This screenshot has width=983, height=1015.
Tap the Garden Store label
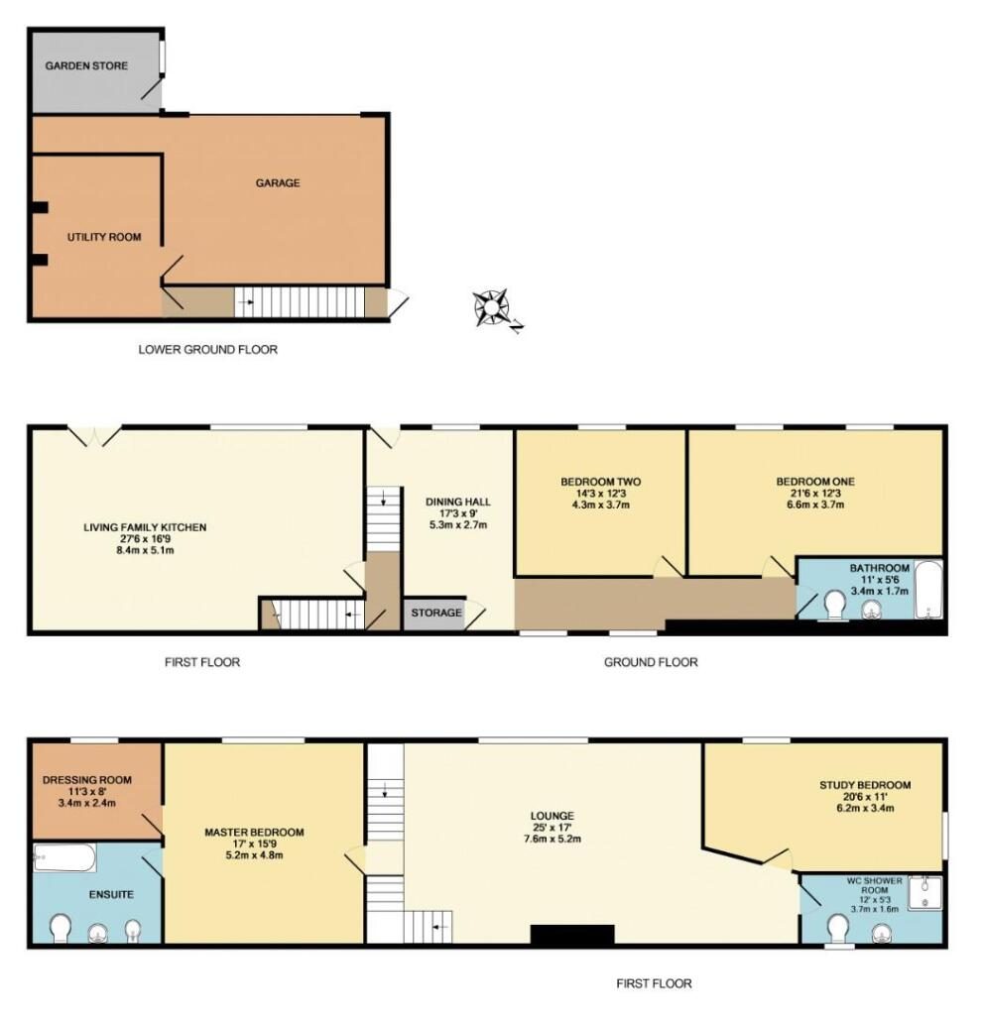tap(86, 65)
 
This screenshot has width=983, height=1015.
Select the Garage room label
tap(278, 183)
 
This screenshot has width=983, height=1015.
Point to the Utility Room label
tap(104, 237)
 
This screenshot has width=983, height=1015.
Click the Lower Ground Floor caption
tap(208, 350)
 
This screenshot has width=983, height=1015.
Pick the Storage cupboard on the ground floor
tap(434, 613)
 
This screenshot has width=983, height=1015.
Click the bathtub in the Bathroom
tap(927, 590)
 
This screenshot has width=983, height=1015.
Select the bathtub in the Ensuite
tap(64, 857)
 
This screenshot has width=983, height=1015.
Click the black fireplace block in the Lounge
tap(572, 935)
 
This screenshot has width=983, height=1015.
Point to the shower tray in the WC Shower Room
tap(924, 893)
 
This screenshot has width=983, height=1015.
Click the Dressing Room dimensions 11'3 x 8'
tap(87, 792)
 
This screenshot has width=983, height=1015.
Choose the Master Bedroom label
tap(254, 833)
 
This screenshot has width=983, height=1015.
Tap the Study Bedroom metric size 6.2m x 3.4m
tap(865, 808)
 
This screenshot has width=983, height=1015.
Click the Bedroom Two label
tap(601, 482)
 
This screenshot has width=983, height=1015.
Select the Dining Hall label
tap(458, 502)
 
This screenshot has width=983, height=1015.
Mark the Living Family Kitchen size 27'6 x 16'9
tap(145, 538)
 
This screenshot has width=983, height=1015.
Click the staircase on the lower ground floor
tap(300, 301)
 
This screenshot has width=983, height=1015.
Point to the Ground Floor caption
tap(651, 662)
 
